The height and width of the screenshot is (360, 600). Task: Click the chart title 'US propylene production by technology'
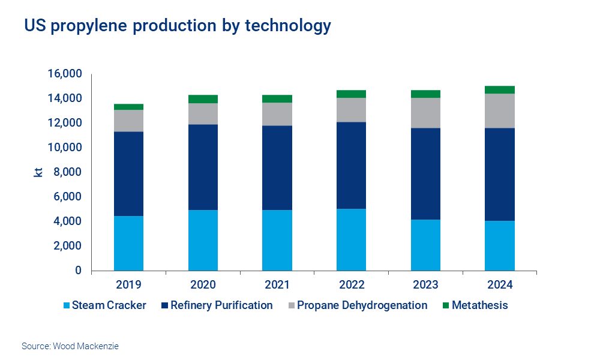point(177,26)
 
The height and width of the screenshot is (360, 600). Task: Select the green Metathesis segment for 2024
point(499,90)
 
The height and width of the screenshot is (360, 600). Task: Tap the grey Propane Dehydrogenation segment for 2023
point(425,113)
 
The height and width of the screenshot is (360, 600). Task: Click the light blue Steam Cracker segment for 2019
point(128,243)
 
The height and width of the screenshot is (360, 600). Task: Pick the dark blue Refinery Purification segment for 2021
point(277,167)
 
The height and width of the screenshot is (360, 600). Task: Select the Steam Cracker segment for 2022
point(351,239)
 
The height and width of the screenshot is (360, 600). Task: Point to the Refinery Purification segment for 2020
point(203,167)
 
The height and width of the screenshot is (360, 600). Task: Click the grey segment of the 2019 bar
point(128,121)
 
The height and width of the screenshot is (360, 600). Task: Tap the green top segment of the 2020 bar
point(203,99)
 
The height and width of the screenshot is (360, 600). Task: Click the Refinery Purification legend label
point(221,305)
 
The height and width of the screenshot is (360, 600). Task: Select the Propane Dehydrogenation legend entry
point(362,305)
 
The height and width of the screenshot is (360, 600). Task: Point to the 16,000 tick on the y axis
point(64,74)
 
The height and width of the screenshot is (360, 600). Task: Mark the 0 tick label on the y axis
point(78,271)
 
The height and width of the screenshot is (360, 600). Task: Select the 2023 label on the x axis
point(425,284)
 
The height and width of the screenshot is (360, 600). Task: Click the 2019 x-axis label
point(128,284)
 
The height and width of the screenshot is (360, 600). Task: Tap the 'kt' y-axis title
point(37,172)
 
